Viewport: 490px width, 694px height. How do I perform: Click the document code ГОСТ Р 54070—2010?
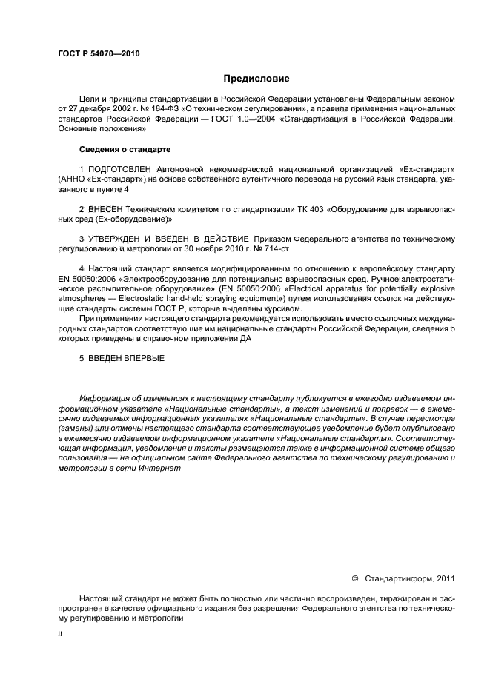click(x=98, y=54)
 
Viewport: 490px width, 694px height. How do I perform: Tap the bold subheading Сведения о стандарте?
click(x=125, y=149)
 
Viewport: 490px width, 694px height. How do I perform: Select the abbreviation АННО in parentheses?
click(x=73, y=179)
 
